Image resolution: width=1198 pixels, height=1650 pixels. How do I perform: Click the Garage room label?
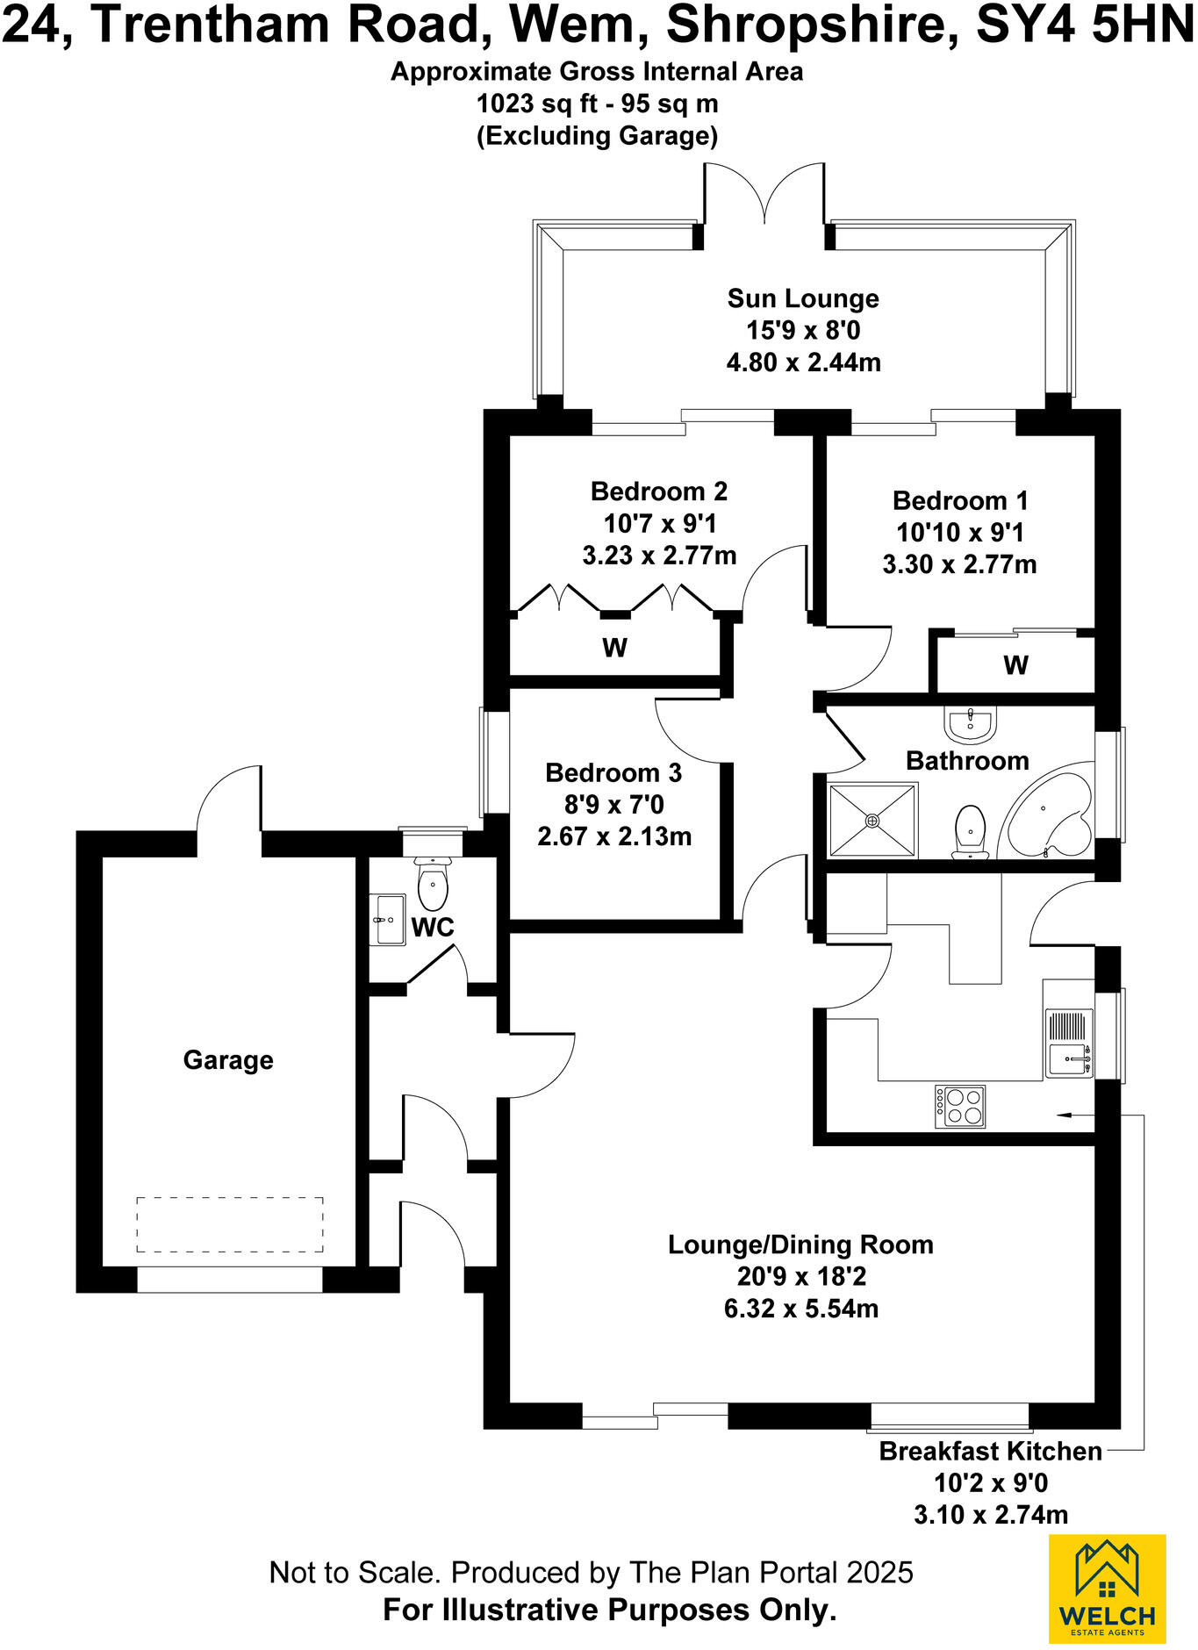click(228, 1060)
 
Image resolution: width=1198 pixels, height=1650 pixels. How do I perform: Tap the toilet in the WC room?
click(433, 885)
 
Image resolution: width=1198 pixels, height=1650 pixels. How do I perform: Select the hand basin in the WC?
click(391, 919)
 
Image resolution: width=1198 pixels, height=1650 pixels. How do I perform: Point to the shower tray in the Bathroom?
click(872, 820)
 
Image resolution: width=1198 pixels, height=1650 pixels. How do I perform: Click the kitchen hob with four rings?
click(960, 1106)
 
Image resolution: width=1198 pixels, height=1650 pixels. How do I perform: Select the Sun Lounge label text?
click(803, 298)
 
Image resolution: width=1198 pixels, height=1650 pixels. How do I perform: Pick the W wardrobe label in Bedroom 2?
click(614, 648)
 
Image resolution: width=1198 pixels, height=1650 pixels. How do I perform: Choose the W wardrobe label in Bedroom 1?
click(1015, 665)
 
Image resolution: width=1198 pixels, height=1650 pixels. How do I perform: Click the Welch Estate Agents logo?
click(1108, 1589)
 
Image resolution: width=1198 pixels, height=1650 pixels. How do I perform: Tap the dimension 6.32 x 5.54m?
click(800, 1309)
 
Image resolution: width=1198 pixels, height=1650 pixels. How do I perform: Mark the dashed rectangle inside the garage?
click(230, 1224)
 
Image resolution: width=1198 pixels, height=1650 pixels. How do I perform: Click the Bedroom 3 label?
click(613, 772)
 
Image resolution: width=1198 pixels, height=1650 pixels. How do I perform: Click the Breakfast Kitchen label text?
click(990, 1451)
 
